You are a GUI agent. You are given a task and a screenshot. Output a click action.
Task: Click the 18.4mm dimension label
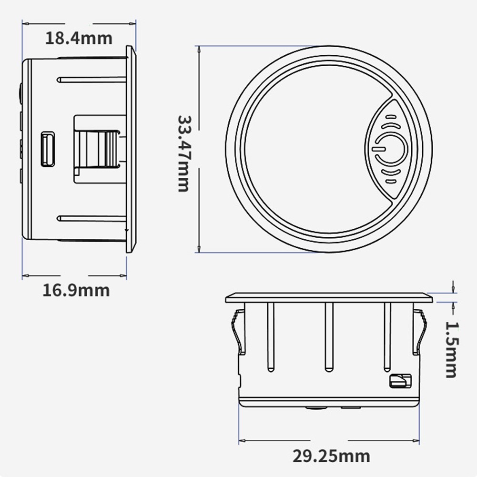point(79,39)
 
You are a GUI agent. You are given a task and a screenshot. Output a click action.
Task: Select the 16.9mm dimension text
point(76,291)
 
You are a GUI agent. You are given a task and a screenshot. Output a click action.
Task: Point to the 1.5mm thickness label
point(451,350)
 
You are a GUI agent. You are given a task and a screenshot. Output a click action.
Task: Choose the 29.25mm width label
point(332,456)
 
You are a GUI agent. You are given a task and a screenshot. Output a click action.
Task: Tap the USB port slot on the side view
point(48,149)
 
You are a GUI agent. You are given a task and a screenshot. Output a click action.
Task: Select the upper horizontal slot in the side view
point(91,80)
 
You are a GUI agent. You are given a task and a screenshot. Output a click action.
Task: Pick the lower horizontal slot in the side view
point(91,218)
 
